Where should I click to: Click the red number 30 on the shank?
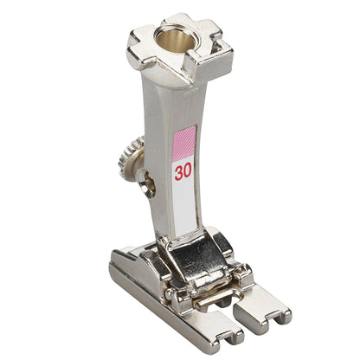click(183, 171)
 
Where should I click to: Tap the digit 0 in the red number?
click(188, 171)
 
